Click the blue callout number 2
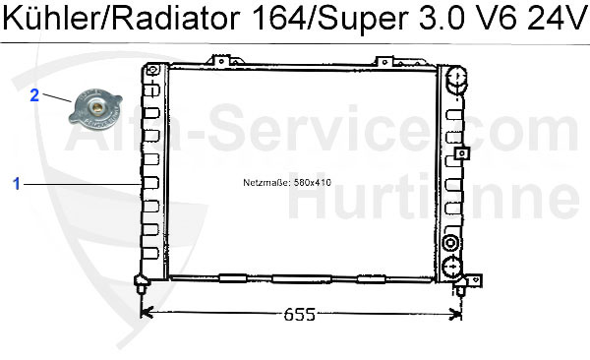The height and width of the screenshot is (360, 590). click(34, 95)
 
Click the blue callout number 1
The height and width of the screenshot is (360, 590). click(16, 184)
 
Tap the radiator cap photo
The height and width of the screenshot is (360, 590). click(95, 109)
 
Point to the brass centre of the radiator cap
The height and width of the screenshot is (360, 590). click(96, 108)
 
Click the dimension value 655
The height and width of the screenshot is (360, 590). click(299, 315)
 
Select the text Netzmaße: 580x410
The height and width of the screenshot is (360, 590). click(287, 183)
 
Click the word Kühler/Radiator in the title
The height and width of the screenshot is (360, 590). click(121, 19)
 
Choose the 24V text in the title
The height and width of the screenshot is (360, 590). click(558, 19)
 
